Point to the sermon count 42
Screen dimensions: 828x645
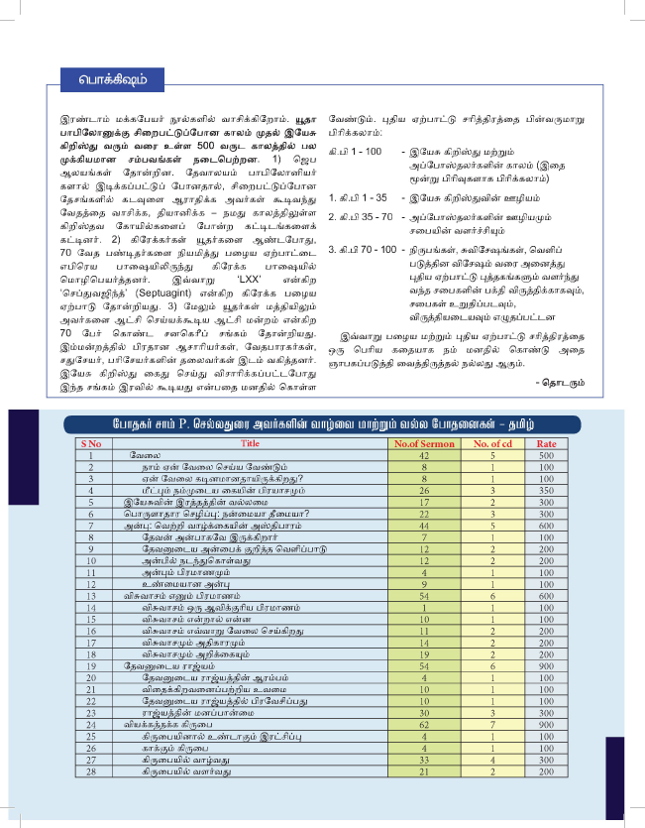423,454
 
